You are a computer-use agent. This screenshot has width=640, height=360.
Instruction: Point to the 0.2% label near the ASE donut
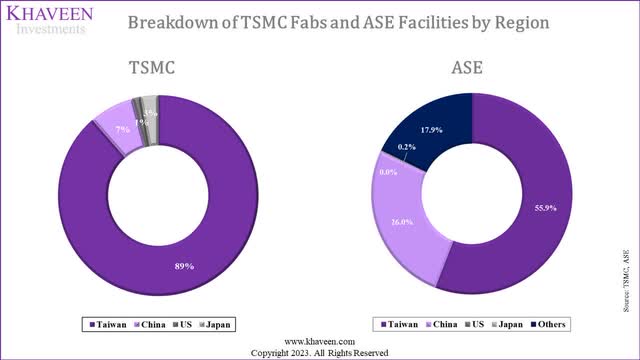(x=406, y=147)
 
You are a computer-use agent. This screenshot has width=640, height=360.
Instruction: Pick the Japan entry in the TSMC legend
(x=216, y=324)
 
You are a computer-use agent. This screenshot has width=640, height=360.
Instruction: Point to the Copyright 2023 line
(x=320, y=353)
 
